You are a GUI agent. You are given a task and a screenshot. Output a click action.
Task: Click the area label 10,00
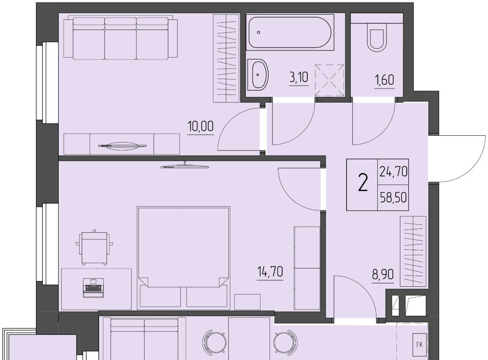(x=201, y=127)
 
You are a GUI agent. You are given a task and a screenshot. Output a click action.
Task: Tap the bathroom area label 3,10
(x=299, y=77)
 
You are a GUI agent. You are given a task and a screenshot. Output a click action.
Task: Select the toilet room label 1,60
(x=384, y=80)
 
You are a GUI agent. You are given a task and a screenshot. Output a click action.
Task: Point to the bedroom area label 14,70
(x=270, y=272)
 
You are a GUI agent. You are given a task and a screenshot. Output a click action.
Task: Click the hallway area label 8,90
(x=383, y=274)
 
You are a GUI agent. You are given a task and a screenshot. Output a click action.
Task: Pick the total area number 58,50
(x=393, y=198)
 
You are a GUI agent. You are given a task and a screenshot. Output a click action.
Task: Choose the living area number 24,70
(x=393, y=172)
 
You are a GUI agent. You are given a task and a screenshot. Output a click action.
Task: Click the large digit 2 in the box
(x=363, y=183)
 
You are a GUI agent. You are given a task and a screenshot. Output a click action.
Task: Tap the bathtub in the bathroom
(x=290, y=32)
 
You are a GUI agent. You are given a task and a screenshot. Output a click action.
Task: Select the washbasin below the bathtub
(x=258, y=74)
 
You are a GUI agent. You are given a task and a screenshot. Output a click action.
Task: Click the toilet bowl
(x=377, y=37)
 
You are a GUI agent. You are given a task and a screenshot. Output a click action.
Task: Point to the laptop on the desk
(x=93, y=288)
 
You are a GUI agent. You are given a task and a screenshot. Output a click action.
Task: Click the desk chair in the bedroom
(x=94, y=247)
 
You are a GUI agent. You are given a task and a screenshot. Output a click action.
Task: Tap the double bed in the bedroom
(x=183, y=258)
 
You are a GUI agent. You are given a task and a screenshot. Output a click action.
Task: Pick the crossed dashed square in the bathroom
(x=329, y=80)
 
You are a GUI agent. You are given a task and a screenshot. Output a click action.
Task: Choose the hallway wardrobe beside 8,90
(x=413, y=251)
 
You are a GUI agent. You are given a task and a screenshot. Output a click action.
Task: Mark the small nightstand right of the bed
(x=247, y=302)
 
